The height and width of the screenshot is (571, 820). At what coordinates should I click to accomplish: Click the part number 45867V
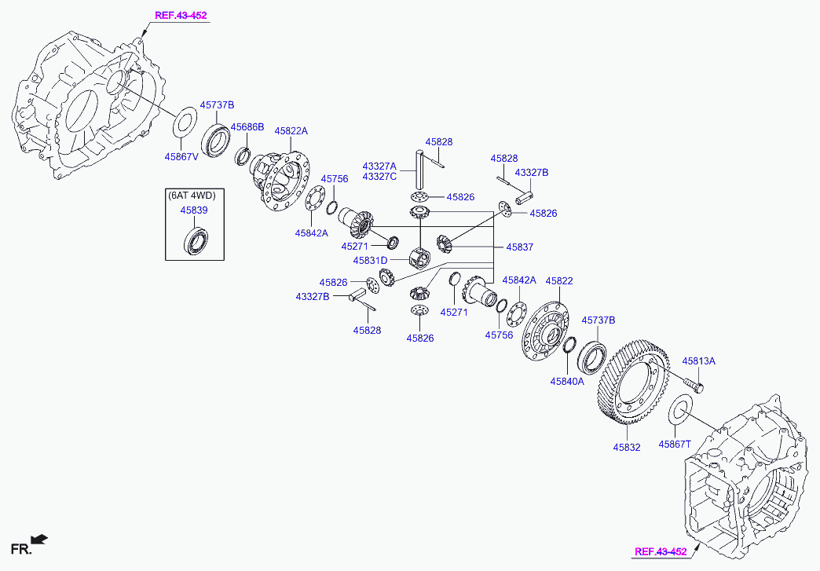pyautogui.click(x=181, y=156)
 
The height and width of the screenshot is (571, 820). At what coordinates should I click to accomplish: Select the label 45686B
pyautogui.click(x=247, y=127)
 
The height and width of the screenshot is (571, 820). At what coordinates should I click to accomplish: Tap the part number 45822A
pyautogui.click(x=291, y=131)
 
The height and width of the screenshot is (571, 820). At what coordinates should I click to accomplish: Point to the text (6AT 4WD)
pyautogui.click(x=191, y=195)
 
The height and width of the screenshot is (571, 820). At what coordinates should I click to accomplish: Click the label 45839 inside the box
pyautogui.click(x=194, y=210)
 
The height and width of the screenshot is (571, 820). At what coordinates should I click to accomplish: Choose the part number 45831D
pyautogui.click(x=370, y=260)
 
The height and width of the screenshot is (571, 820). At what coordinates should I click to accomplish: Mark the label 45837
pyautogui.click(x=519, y=247)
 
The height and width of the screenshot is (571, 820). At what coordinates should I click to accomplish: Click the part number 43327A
pyautogui.click(x=379, y=167)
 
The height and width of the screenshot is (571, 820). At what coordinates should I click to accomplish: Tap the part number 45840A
pyautogui.click(x=567, y=382)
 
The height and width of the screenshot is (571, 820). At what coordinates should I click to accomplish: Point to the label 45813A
pyautogui.click(x=698, y=361)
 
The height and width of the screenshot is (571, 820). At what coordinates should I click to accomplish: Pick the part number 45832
pyautogui.click(x=627, y=447)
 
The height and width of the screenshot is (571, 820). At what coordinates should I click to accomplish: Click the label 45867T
pyautogui.click(x=675, y=444)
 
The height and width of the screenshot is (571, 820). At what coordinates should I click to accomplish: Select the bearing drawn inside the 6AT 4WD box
pyautogui.click(x=196, y=240)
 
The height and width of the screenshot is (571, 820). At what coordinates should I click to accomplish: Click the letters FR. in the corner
pyautogui.click(x=19, y=547)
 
